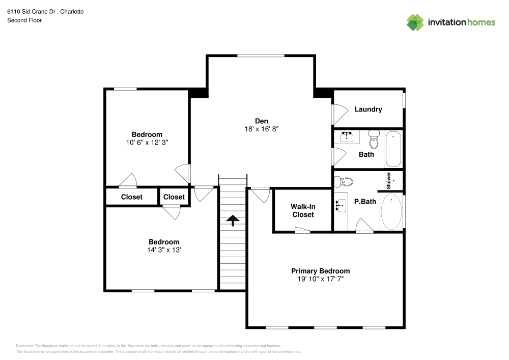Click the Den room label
[x=261, y=121]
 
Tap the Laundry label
[x=368, y=109]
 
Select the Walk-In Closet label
[x=302, y=211]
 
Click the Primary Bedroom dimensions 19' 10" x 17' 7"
[x=320, y=279]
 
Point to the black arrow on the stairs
[x=233, y=220]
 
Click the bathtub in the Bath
[x=393, y=149]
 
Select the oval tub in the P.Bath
[x=391, y=211]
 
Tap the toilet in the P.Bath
[x=347, y=181]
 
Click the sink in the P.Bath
[x=341, y=205]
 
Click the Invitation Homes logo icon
[x=415, y=22]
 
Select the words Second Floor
[x=24, y=20]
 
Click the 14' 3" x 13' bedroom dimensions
[x=164, y=250]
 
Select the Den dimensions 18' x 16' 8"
[x=261, y=129]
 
